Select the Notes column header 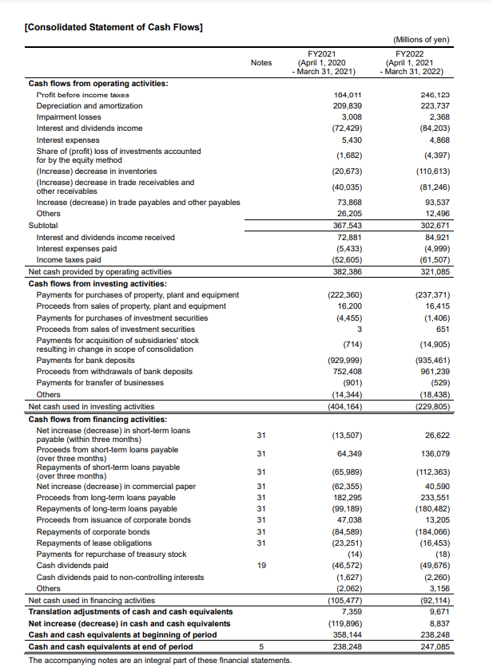pyautogui.click(x=261, y=63)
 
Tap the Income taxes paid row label pyautogui.click(x=69, y=260)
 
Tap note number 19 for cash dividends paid pyautogui.click(x=260, y=566)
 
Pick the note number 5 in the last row pyautogui.click(x=260, y=646)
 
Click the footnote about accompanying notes pyautogui.click(x=160, y=660)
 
